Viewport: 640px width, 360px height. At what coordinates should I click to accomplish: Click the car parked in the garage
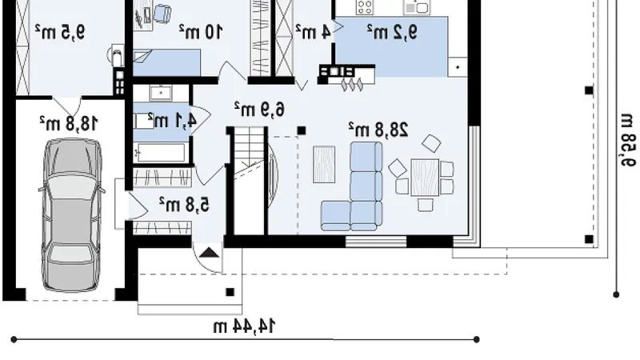[x=71, y=215]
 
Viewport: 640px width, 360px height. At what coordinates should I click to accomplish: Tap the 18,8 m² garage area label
[x=69, y=123]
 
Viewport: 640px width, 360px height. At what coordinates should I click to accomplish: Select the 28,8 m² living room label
[x=378, y=130]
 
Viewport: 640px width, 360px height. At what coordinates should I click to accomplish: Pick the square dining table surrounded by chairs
[x=425, y=178]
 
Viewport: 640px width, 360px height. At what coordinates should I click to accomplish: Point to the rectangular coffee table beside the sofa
[x=324, y=165]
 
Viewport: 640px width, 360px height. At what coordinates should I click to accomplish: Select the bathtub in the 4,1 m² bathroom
[x=161, y=153]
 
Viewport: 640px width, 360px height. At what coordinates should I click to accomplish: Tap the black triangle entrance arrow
[x=210, y=253]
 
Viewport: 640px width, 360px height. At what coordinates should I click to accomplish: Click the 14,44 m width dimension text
[x=245, y=326]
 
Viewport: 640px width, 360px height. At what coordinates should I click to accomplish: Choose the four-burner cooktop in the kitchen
[x=365, y=7]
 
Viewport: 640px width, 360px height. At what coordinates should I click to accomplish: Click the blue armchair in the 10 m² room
[x=162, y=14]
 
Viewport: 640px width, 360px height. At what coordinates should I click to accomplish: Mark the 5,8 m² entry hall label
[x=184, y=204]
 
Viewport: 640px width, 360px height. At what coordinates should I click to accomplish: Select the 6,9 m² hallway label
[x=259, y=109]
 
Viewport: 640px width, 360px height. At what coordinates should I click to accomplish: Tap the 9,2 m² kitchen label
[x=392, y=32]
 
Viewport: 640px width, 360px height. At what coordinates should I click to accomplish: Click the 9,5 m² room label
[x=60, y=32]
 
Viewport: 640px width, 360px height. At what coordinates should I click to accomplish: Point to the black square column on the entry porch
[x=230, y=292]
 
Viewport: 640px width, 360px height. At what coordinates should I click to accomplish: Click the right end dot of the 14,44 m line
[x=476, y=339]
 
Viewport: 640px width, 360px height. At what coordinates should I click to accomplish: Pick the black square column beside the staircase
[x=302, y=130]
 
